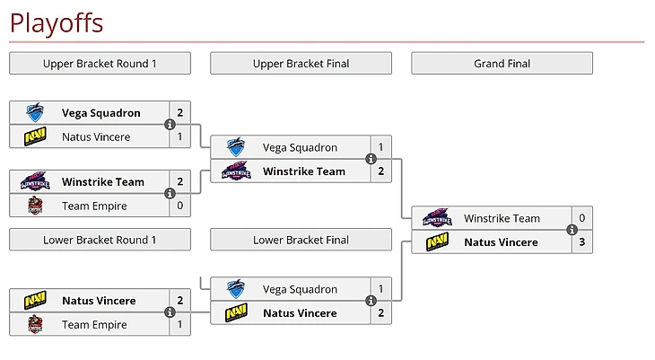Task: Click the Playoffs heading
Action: tap(56, 22)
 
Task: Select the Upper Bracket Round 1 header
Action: tap(100, 64)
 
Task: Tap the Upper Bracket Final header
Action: tap(301, 64)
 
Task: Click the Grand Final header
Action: tap(502, 64)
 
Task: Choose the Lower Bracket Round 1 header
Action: tap(100, 240)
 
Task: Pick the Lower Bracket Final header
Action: tap(301, 240)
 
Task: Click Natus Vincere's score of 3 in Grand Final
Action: tap(581, 242)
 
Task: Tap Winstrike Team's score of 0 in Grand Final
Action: tap(581, 218)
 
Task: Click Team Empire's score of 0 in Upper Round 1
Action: tap(179, 206)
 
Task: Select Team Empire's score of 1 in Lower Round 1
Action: tap(179, 324)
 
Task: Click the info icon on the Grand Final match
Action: tap(572, 230)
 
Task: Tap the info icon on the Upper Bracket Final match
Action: tap(371, 160)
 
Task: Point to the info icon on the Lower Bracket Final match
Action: tap(371, 302)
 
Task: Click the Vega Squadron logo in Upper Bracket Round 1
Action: tap(34, 113)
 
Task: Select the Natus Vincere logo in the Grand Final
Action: tap(437, 242)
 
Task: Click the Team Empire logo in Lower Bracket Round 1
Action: tap(34, 324)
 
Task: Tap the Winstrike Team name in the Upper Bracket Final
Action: tap(303, 171)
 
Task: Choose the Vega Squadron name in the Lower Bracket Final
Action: tap(300, 289)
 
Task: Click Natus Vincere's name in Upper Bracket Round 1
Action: tap(96, 136)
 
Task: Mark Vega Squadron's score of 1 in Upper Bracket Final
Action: tap(380, 147)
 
